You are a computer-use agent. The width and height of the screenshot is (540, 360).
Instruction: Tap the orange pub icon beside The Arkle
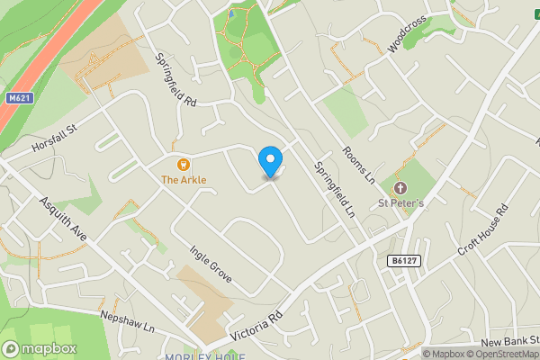pos(184,164)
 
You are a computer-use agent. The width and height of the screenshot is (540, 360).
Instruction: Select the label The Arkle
pos(184,180)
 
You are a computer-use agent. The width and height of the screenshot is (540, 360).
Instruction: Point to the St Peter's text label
pos(401,203)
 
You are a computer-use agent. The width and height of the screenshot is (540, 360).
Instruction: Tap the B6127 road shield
pos(405,261)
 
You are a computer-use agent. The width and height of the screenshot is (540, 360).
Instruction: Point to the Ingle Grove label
pos(211,262)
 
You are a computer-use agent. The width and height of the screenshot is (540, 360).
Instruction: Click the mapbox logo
pos(40,348)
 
